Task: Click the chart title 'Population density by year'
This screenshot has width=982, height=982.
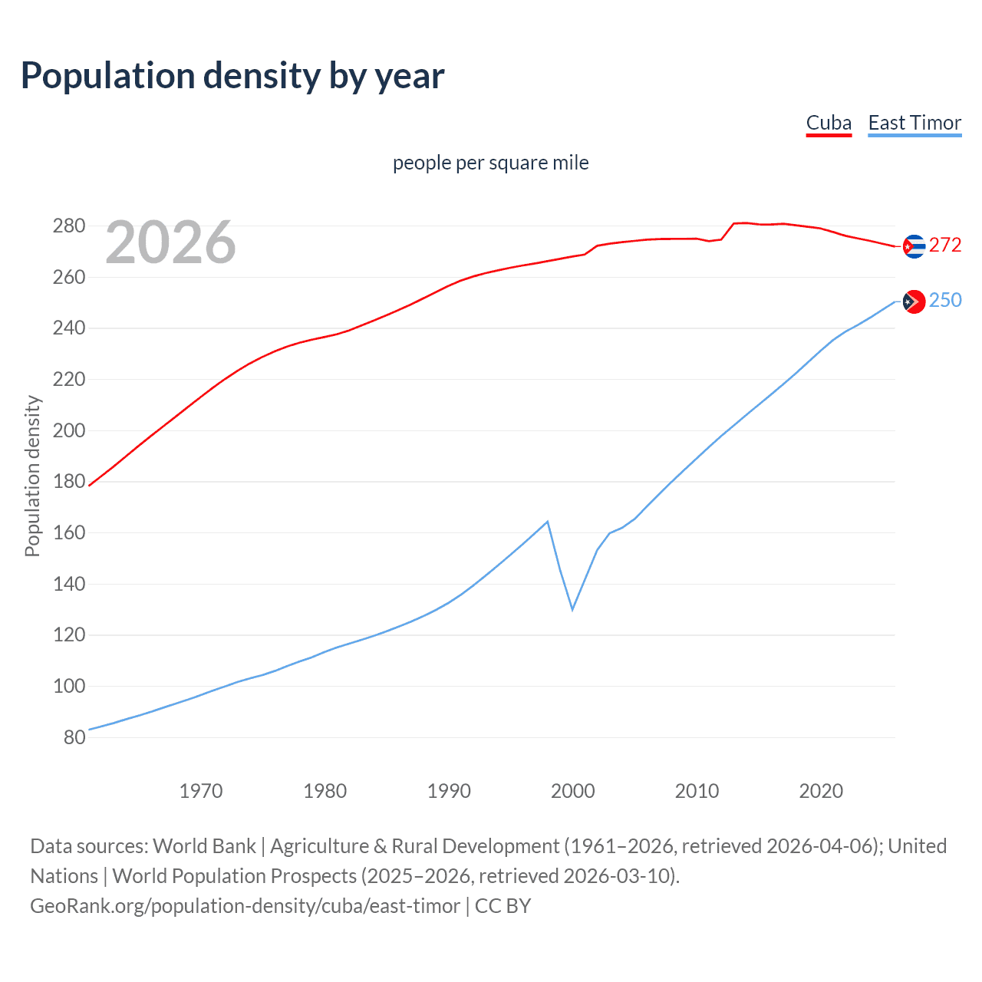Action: tap(232, 76)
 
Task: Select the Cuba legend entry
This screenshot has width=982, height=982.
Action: tap(829, 123)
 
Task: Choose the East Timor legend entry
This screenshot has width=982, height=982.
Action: tap(914, 123)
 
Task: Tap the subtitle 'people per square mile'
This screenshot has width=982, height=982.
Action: tap(491, 163)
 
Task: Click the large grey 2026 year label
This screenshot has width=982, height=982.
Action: tap(170, 242)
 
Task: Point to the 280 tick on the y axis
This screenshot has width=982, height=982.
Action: tap(68, 226)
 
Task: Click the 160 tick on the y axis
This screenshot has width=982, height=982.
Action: tap(68, 532)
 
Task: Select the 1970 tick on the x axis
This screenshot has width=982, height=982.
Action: tap(201, 790)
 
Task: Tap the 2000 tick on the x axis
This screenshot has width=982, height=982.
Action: tap(573, 790)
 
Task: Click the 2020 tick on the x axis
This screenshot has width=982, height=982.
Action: tap(821, 790)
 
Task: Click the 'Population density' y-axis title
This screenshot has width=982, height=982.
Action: tap(32, 476)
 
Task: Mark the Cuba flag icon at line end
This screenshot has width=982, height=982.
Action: tap(913, 246)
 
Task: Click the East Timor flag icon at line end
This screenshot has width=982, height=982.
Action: tap(913, 302)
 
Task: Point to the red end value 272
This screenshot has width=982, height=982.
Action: tap(945, 245)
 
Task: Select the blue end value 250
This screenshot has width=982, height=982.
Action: tap(945, 300)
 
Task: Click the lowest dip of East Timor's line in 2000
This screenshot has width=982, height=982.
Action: tap(572, 609)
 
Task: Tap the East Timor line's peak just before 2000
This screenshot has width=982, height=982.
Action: tap(547, 522)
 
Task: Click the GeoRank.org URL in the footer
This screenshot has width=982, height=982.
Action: tap(245, 906)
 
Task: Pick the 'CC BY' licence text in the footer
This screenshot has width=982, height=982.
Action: tap(503, 906)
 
